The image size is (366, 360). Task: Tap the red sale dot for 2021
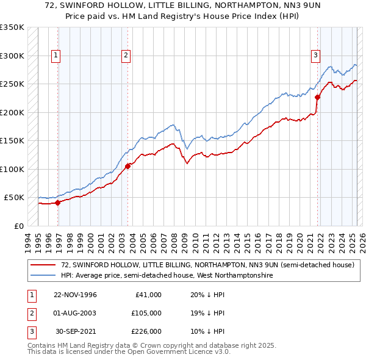point(317,97)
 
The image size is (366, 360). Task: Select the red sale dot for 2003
point(127,166)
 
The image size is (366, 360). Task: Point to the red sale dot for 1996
point(58,203)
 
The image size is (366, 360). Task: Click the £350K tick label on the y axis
point(12,27)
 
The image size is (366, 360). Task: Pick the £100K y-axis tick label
point(12,169)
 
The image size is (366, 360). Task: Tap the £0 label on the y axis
point(18,226)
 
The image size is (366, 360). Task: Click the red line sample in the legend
point(43,265)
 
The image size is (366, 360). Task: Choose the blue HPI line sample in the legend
point(43,276)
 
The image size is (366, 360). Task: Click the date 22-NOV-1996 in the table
point(76,295)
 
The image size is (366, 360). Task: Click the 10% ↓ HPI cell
point(207,331)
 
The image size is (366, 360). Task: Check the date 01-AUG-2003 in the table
point(76,313)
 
